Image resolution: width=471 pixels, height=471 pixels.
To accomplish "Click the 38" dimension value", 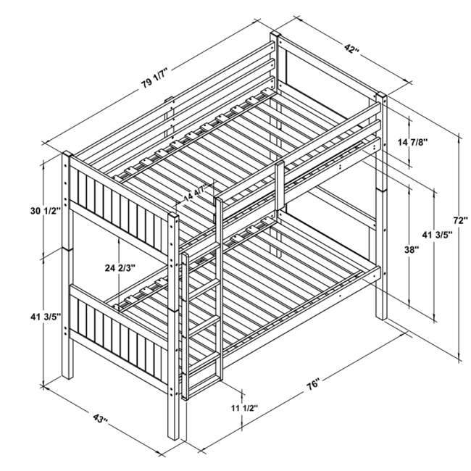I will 412,249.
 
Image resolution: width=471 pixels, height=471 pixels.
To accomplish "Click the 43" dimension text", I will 100,420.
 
